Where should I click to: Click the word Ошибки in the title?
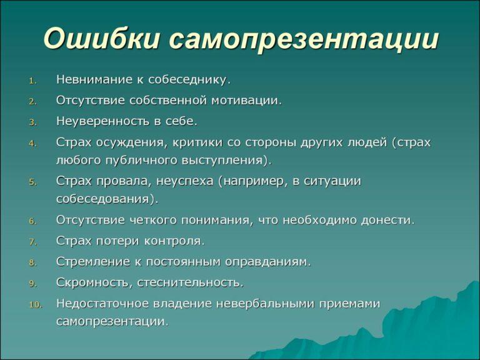[x=102, y=39]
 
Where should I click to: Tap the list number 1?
[x=32, y=81]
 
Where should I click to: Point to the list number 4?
[x=33, y=144]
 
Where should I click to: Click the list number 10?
[x=36, y=305]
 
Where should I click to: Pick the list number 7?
[x=33, y=242]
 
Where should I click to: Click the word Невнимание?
[x=94, y=79]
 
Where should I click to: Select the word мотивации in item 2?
[x=246, y=101]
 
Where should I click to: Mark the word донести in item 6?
[x=388, y=221]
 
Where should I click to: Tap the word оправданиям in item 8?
[x=268, y=262]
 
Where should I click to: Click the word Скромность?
[x=92, y=283]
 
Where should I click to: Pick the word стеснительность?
[x=191, y=282]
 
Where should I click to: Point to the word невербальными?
[x=264, y=304]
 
